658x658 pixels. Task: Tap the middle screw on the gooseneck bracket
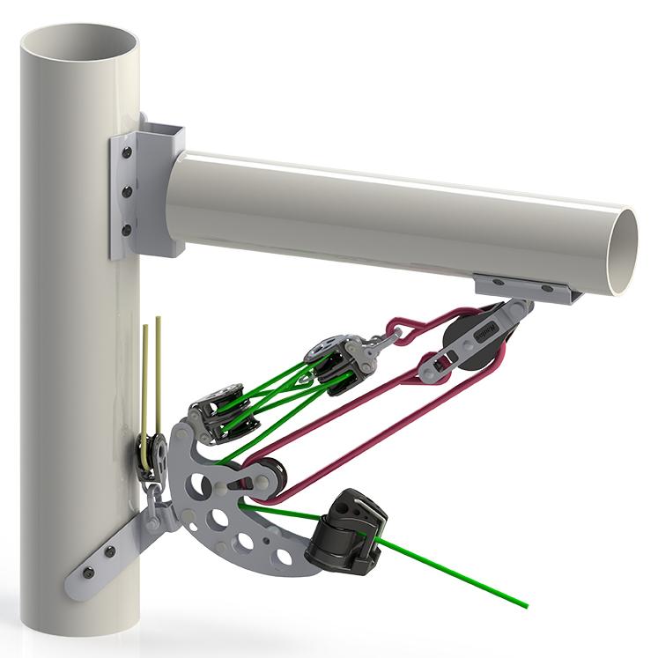pos(127,190)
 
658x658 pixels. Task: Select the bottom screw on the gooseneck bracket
pos(127,230)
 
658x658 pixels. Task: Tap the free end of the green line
pos(525,606)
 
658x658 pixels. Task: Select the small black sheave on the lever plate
pos(269,476)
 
